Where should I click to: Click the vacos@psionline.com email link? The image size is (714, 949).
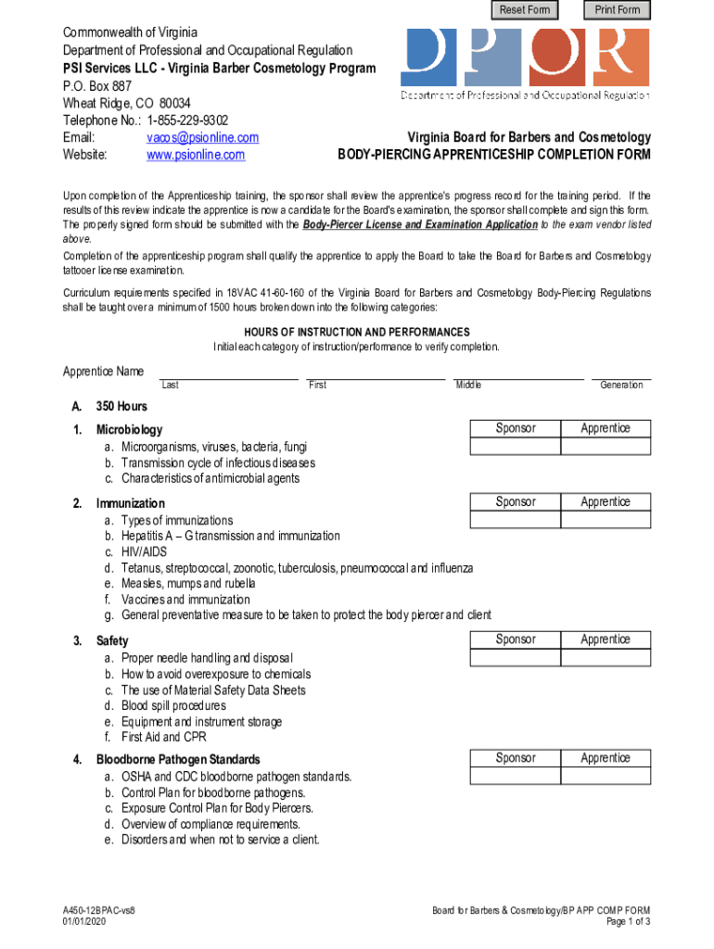tap(202, 137)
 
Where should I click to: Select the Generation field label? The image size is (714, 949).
tap(621, 385)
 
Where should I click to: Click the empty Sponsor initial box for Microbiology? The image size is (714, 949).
tap(516, 447)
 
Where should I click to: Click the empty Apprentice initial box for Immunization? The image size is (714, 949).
tap(606, 521)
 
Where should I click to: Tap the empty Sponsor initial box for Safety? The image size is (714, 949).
tap(516, 658)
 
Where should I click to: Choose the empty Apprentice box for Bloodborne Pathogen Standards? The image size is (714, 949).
tap(606, 777)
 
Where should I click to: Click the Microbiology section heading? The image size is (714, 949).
tap(129, 429)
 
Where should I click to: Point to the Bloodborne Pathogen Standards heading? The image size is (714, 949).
tap(178, 760)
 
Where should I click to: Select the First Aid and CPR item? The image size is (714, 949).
tap(163, 738)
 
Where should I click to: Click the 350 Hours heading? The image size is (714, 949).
tap(121, 406)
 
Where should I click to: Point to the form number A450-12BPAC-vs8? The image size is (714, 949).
tap(101, 912)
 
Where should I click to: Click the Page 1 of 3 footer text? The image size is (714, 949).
tap(629, 923)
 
